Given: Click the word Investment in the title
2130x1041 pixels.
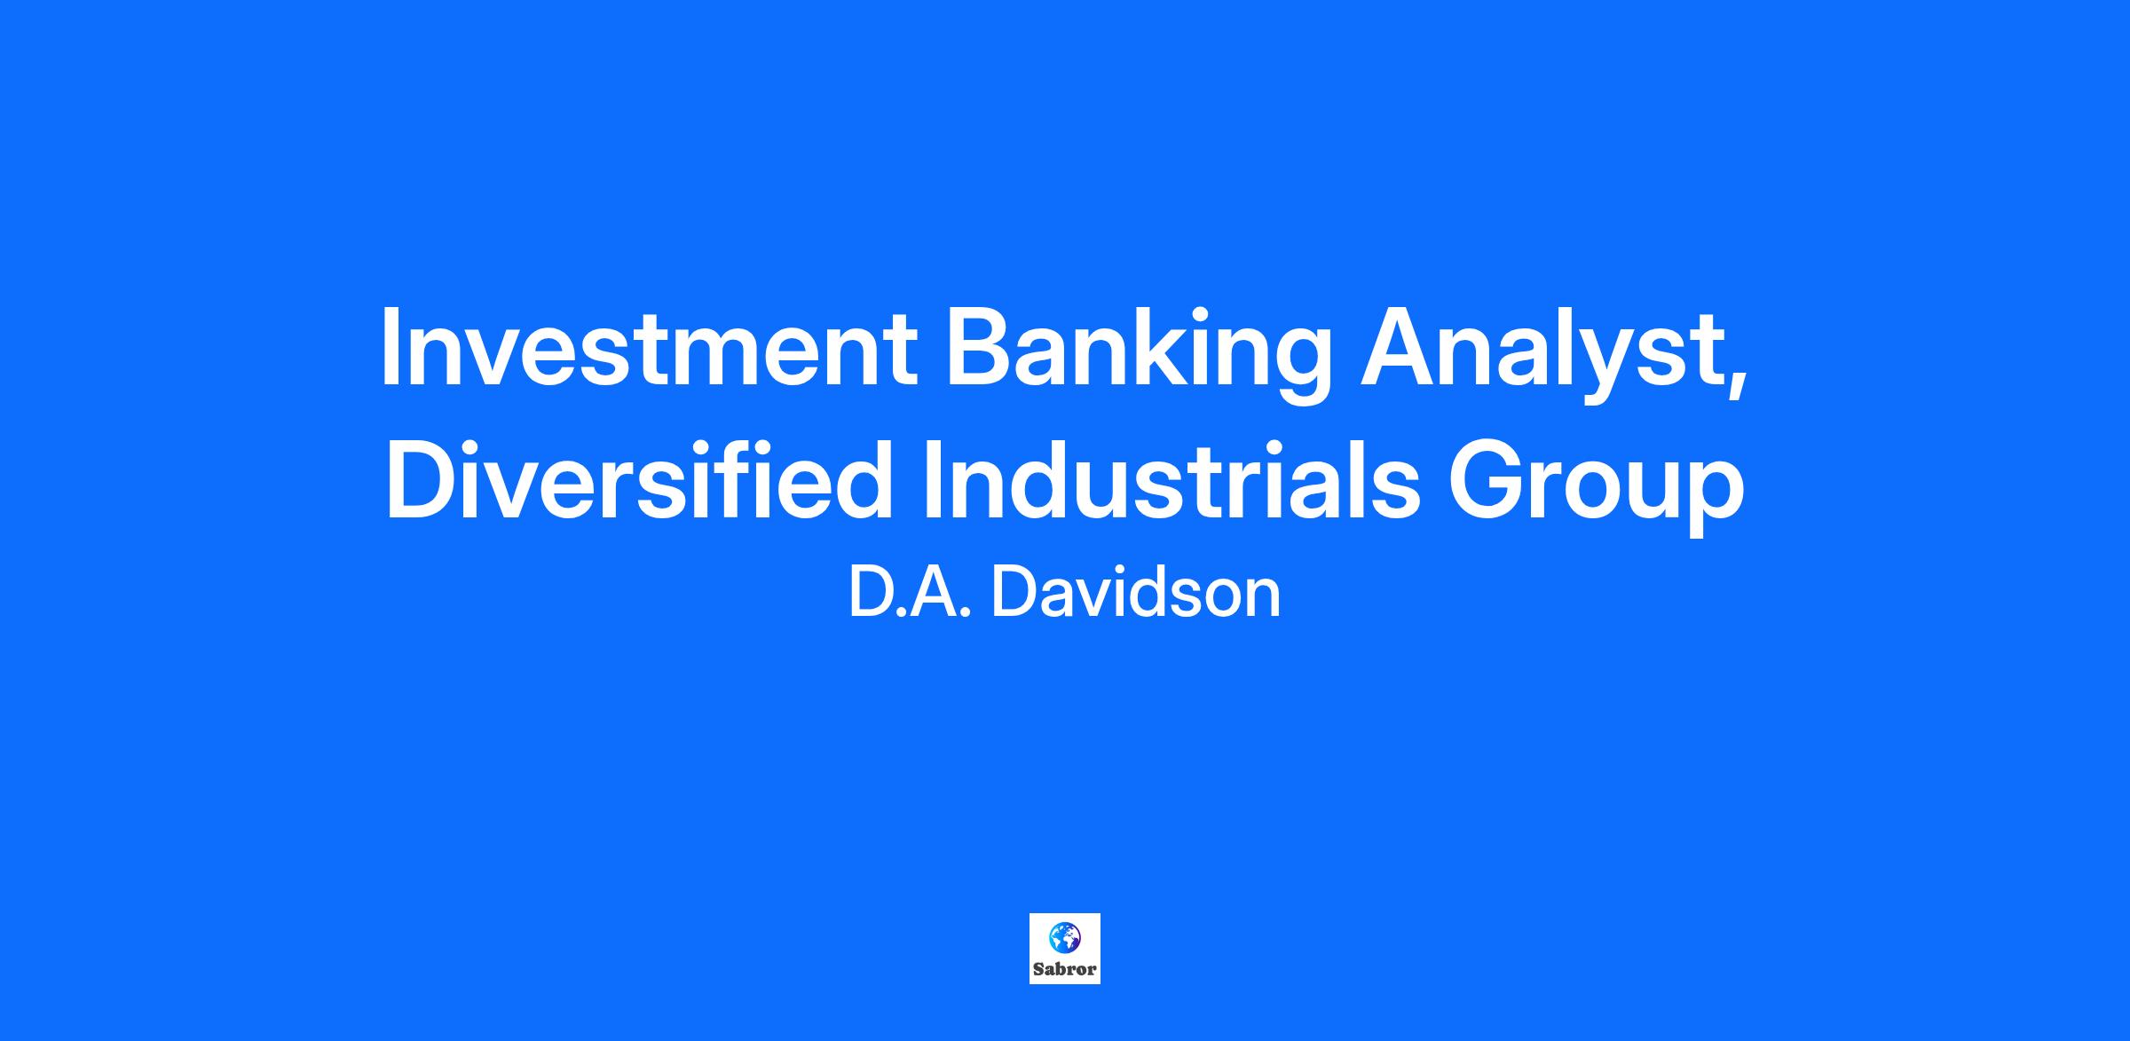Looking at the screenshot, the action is (649, 346).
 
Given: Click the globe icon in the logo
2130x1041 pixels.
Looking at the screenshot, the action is (1064, 937).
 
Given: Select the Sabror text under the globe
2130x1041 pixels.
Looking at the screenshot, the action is (1065, 969).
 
